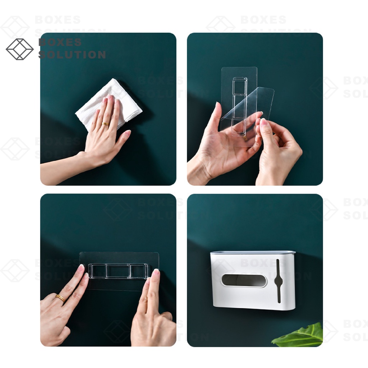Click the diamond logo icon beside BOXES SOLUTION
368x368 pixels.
pyautogui.click(x=20, y=49)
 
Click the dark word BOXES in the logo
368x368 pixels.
pyautogui.click(x=60, y=42)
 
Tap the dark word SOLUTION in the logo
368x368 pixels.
pyautogui.click(x=72, y=55)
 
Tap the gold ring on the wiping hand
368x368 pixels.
pyautogui.click(x=105, y=124)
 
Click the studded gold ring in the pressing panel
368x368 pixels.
pyautogui.click(x=60, y=298)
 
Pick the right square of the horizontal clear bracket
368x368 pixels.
pyautogui.click(x=138, y=271)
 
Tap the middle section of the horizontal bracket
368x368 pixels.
pyautogui.click(x=118, y=271)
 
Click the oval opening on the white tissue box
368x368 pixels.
pyautogui.click(x=244, y=280)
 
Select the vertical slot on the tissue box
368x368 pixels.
pyautogui.click(x=279, y=281)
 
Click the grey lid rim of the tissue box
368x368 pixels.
pyautogui.click(x=253, y=253)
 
